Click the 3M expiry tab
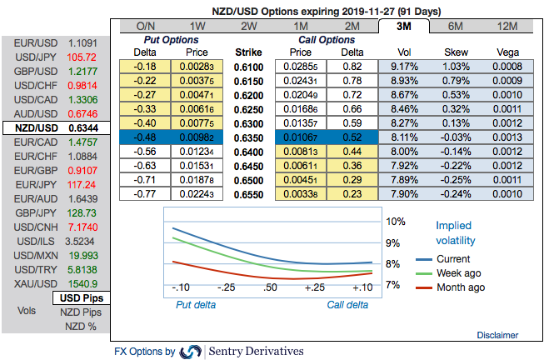(x=405, y=27)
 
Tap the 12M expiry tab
(x=507, y=27)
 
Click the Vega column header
(x=507, y=51)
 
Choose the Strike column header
(x=247, y=51)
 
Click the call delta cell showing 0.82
(x=352, y=65)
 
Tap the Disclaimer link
(x=497, y=334)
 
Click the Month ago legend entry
(x=459, y=287)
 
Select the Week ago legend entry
(x=457, y=273)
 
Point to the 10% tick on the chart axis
(x=394, y=222)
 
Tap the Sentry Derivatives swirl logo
(x=191, y=352)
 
